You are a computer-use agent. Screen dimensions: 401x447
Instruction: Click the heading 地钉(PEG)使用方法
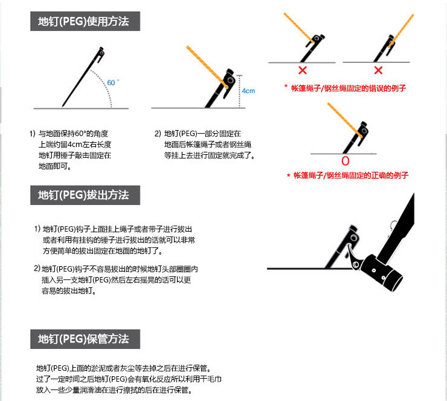[x=84, y=22]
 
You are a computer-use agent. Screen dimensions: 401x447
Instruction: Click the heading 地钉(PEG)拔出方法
[x=84, y=195]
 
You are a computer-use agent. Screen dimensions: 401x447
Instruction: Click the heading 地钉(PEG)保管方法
[x=84, y=339]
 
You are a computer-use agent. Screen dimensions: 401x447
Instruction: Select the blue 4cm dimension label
[x=248, y=91]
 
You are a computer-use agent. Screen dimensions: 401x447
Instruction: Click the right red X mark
[x=378, y=71]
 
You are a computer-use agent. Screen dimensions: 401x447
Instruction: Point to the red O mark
[x=345, y=161]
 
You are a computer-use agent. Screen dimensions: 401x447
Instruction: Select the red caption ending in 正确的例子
[x=347, y=175]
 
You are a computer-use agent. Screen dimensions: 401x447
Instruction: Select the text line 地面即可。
[x=55, y=166]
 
